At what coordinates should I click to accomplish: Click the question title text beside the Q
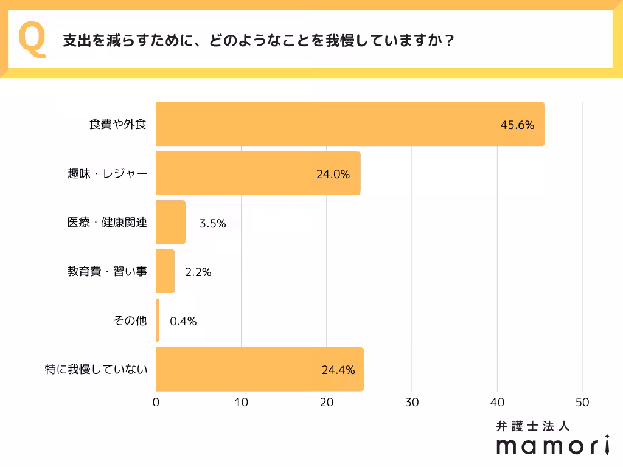[258, 41]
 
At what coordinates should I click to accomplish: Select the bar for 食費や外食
[350, 125]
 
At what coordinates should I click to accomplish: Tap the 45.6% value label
[517, 125]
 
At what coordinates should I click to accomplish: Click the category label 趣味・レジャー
[107, 174]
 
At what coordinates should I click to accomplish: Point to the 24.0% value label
[333, 175]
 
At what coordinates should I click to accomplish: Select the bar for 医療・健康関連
[170, 223]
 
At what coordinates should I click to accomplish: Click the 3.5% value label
[213, 223]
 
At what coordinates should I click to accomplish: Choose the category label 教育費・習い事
[107, 272]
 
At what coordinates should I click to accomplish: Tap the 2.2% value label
[198, 272]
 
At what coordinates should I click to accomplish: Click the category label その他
[130, 320]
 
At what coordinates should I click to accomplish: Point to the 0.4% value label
[183, 322]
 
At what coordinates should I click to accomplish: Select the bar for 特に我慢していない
[259, 369]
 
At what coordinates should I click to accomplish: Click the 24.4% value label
[338, 370]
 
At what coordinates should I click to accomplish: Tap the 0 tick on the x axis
[156, 402]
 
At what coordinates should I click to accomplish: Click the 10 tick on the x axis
[242, 402]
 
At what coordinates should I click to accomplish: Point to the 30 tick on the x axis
[412, 402]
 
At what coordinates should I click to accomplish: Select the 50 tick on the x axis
[582, 402]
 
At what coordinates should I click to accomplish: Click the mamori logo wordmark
[552, 446]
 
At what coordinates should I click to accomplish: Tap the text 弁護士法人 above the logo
[533, 426]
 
